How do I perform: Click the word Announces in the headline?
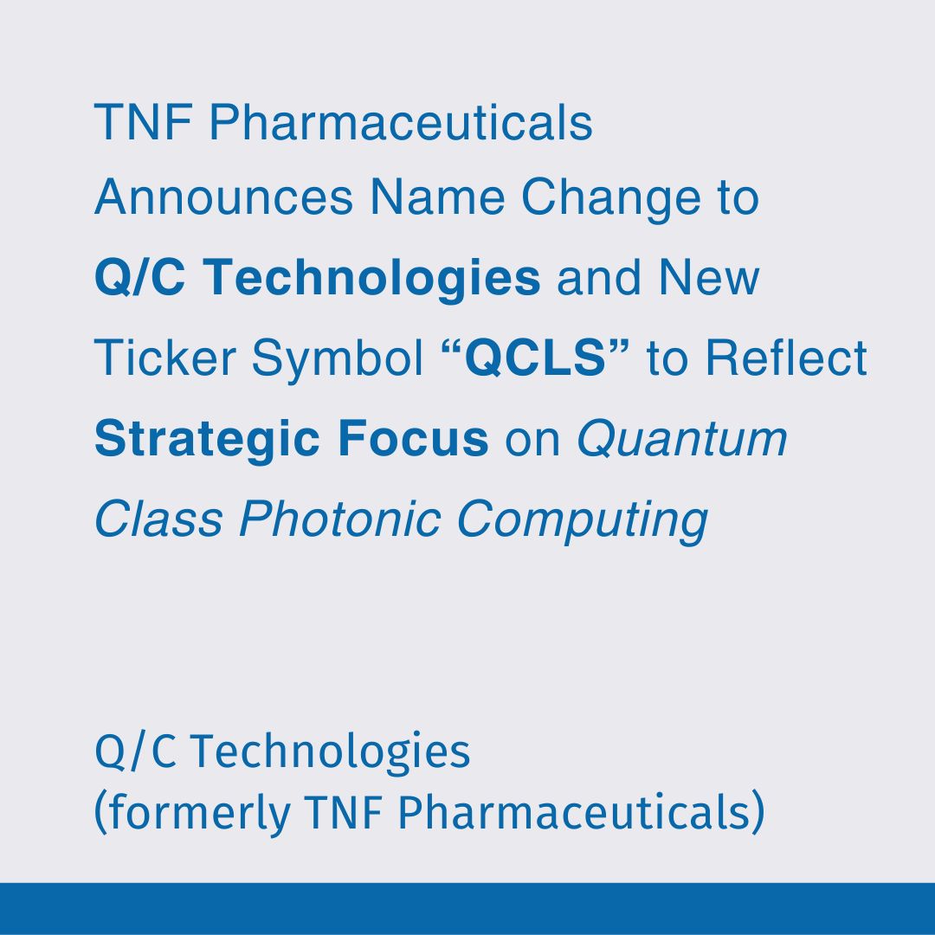tap(223, 198)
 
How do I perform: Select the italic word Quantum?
tap(682, 439)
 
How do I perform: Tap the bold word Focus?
tap(425, 439)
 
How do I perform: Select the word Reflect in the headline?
tap(785, 358)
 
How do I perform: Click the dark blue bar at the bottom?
tap(467, 908)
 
